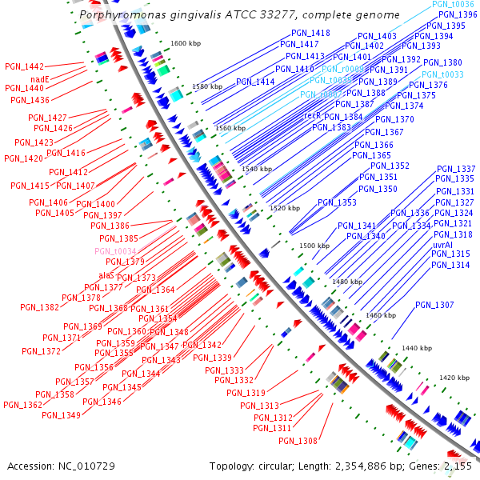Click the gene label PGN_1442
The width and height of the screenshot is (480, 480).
24,66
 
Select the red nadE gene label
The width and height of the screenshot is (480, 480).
40,78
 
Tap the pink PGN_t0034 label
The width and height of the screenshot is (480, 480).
115,251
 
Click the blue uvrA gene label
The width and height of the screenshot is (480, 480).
442,244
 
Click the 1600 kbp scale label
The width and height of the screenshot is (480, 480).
186,43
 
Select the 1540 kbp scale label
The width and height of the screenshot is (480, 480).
257,170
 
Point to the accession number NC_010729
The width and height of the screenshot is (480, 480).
87,466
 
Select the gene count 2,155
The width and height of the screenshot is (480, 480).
457,466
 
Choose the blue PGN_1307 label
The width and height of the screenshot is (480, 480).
434,306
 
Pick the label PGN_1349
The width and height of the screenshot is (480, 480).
62,415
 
